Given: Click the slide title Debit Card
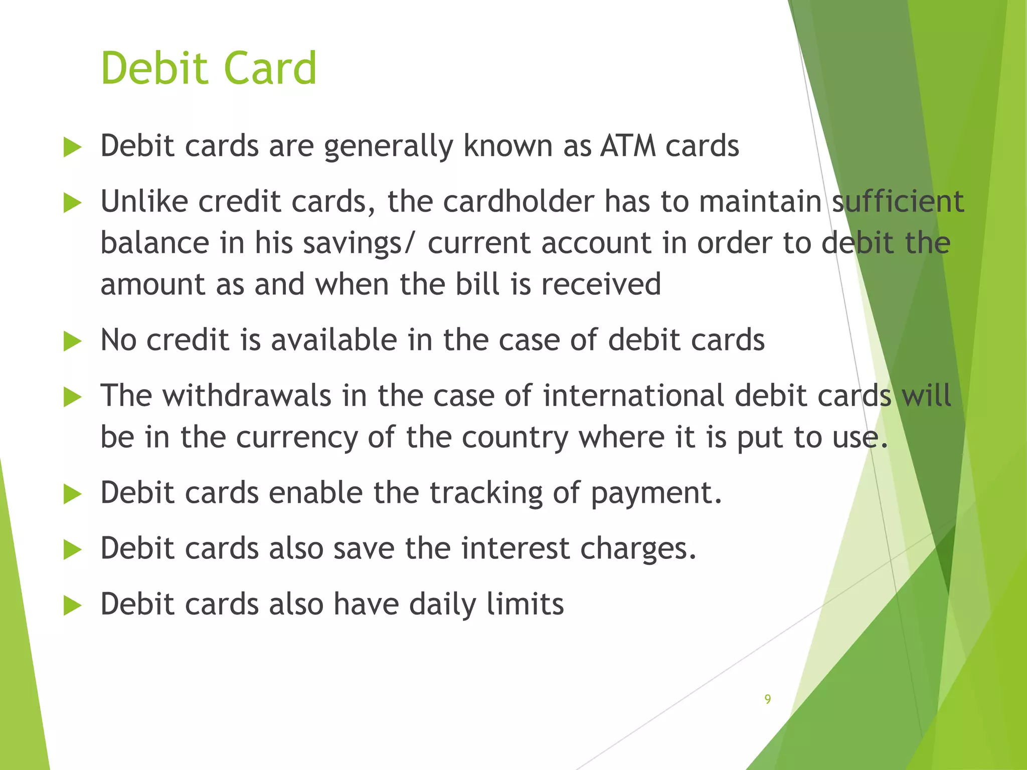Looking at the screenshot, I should point(209,68).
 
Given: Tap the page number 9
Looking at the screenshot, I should point(767,699).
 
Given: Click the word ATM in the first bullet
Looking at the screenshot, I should point(628,146).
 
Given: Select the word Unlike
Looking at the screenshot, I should point(144,202).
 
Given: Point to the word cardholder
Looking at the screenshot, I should point(519,202).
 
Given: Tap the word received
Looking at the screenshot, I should point(601,284).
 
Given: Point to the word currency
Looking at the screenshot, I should point(297,438).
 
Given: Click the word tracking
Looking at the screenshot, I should point(486,493).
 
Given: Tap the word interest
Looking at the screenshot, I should point(516,548).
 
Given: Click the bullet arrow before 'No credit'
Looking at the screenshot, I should point(72,342).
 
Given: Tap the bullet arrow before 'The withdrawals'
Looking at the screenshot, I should point(72,398).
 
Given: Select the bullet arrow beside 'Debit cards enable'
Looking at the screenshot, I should point(72,495).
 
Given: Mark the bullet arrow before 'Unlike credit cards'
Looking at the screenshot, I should point(72,204).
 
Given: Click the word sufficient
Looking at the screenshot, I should point(898,202).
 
